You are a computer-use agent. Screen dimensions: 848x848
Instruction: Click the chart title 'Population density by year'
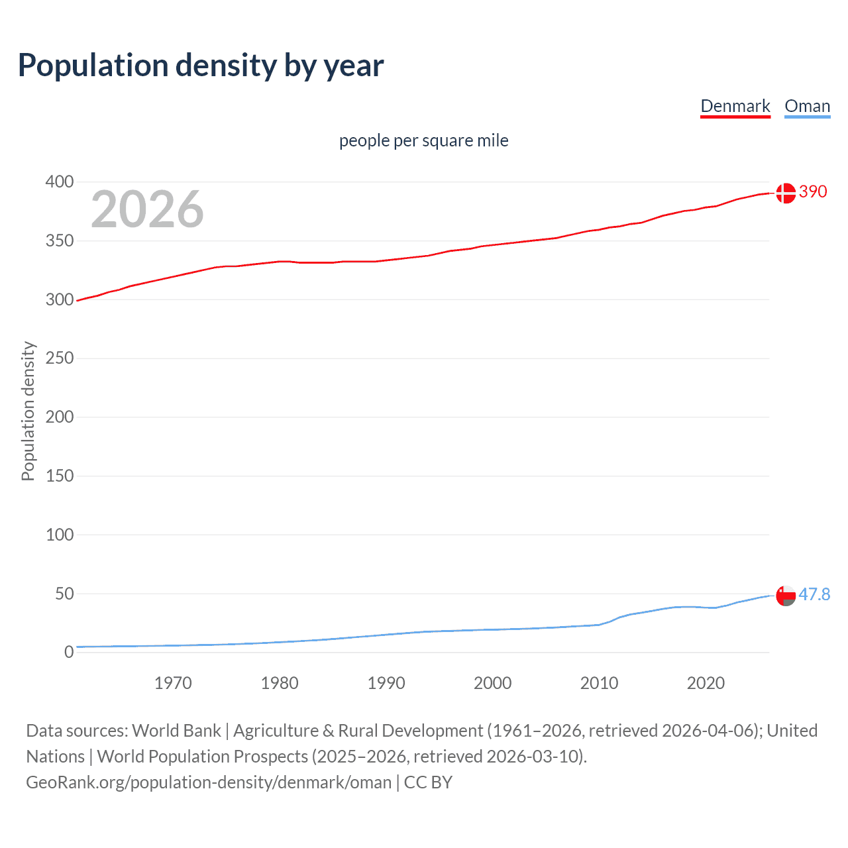[201, 66]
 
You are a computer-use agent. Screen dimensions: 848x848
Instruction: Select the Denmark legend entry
[735, 106]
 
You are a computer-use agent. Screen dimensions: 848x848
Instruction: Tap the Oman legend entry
[807, 106]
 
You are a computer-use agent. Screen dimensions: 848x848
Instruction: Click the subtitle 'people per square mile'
[423, 140]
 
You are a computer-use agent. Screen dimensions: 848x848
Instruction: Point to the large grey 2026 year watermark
[147, 209]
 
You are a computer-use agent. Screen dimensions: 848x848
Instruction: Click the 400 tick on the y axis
[60, 182]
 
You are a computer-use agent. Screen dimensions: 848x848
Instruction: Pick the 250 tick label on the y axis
[60, 358]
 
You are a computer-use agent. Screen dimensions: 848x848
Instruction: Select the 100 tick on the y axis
[60, 535]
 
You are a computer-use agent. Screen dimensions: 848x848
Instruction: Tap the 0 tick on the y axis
[69, 653]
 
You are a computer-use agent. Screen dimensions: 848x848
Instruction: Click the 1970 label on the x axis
[173, 683]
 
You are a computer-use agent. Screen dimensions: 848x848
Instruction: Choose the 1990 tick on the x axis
[386, 683]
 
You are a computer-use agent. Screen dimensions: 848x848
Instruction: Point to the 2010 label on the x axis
[599, 683]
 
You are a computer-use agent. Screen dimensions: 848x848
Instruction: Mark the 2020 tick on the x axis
[706, 683]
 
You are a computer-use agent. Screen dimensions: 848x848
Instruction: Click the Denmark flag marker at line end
[786, 193]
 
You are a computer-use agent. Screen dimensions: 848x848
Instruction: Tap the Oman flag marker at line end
[786, 596]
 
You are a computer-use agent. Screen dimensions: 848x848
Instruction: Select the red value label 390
[813, 191]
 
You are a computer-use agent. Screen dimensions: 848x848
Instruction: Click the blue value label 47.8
[814, 594]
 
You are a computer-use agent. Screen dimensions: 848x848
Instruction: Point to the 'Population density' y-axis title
[28, 411]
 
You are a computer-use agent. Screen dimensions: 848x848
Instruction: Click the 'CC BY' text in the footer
[428, 782]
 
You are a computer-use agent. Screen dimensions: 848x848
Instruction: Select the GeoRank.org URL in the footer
[209, 782]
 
